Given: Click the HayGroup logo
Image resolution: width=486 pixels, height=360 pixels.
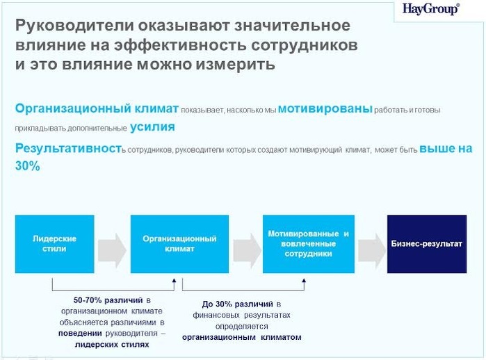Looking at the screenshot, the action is pyautogui.click(x=431, y=9).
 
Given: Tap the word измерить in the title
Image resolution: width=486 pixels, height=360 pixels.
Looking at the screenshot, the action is pyautogui.click(x=235, y=65).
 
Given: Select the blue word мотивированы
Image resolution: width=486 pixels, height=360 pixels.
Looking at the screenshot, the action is pyautogui.click(x=325, y=108).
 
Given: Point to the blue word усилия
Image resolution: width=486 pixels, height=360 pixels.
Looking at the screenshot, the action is pyautogui.click(x=152, y=127).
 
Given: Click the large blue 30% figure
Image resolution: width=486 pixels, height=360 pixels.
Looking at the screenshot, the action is pyautogui.click(x=28, y=166).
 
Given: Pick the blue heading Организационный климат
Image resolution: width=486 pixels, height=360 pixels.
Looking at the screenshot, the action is pyautogui.click(x=97, y=108).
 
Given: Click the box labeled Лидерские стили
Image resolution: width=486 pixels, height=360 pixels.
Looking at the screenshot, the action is pyautogui.click(x=54, y=244).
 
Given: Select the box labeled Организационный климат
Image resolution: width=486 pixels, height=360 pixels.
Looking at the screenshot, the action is pyautogui.click(x=179, y=244).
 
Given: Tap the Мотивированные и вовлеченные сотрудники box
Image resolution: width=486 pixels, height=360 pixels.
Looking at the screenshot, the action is pyautogui.click(x=309, y=244).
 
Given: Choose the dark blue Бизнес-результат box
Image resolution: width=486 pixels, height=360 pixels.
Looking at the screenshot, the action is pyautogui.click(x=427, y=244).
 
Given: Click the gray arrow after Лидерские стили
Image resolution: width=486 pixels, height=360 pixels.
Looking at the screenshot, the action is pyautogui.click(x=112, y=250).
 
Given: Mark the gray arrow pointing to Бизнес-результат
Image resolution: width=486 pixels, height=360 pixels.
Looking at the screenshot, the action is pyautogui.click(x=372, y=250).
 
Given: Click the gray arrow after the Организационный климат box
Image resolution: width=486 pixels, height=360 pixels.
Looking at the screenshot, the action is pyautogui.click(x=247, y=250).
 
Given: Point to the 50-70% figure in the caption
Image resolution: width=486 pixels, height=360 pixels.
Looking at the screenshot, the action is pyautogui.click(x=88, y=300).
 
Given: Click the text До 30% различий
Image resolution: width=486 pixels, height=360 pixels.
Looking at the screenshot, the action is pyautogui.click(x=238, y=304).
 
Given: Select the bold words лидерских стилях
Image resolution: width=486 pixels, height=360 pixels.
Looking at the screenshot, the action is pyautogui.click(x=112, y=345).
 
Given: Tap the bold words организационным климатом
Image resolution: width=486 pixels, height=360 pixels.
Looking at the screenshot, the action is pyautogui.click(x=242, y=337).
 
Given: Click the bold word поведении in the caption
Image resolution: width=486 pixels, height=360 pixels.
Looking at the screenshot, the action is pyautogui.click(x=80, y=334).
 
